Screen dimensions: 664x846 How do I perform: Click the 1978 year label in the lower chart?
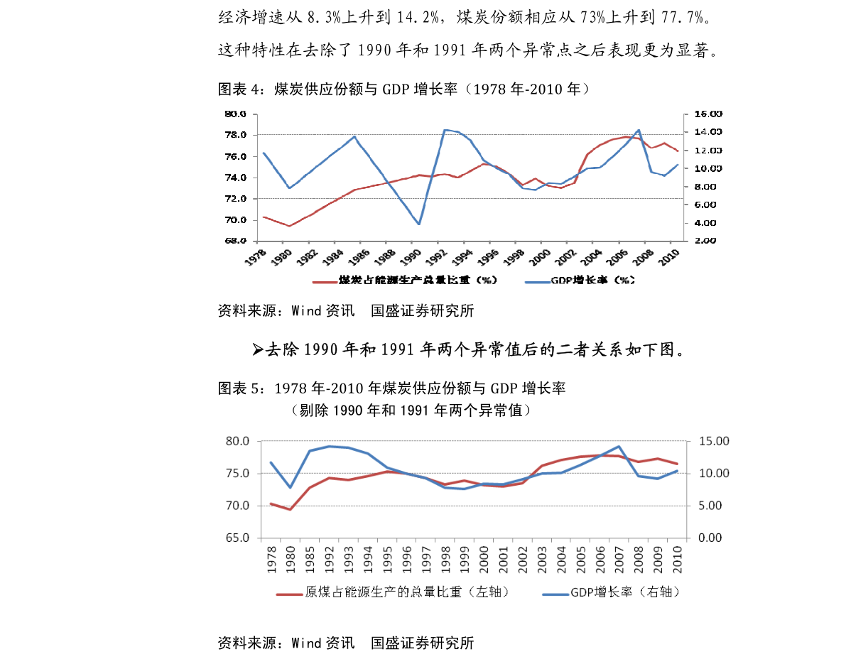pyautogui.click(x=271, y=559)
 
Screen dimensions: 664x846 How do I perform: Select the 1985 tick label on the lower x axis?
pyautogui.click(x=310, y=559)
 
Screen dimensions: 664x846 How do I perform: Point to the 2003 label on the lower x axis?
pyautogui.click(x=543, y=559)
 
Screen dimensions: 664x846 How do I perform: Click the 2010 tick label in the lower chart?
pyautogui.click(x=678, y=559)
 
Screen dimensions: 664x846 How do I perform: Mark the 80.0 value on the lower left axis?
pyautogui.click(x=237, y=441)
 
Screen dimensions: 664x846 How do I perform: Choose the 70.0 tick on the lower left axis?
pyautogui.click(x=237, y=506)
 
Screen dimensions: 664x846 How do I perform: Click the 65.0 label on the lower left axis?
pyautogui.click(x=237, y=538)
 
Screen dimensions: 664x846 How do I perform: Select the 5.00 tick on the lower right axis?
pyautogui.click(x=710, y=506)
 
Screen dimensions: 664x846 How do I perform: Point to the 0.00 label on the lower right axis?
pyautogui.click(x=710, y=538)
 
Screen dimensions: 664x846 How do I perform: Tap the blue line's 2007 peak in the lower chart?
pyautogui.click(x=619, y=447)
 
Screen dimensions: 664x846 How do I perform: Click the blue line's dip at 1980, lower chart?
pyautogui.click(x=291, y=487)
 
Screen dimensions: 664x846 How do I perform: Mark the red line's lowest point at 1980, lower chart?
pyautogui.click(x=291, y=509)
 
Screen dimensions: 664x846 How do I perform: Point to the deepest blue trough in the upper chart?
pyautogui.click(x=419, y=224)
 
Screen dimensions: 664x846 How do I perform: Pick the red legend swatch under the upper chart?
pyautogui.click(x=325, y=281)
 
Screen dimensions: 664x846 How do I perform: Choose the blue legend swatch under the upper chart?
pyautogui.click(x=537, y=281)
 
